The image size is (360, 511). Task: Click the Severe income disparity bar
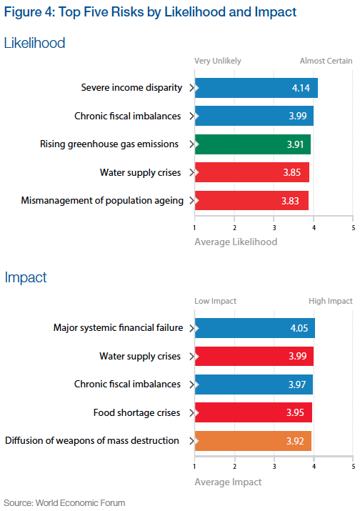[x=256, y=88]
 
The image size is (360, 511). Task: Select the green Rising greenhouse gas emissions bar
[x=252, y=144]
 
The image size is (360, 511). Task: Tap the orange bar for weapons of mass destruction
[x=253, y=441]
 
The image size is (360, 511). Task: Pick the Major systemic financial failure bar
[x=254, y=328]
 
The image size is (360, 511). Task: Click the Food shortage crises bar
[x=253, y=412]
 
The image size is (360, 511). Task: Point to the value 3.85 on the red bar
[x=293, y=172]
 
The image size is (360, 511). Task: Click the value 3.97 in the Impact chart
[x=296, y=385]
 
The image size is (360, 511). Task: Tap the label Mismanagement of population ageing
[x=102, y=199]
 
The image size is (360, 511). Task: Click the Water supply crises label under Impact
[x=139, y=356]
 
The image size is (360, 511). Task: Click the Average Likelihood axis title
[x=236, y=242]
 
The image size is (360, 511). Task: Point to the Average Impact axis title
[x=228, y=482]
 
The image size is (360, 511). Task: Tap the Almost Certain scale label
[x=326, y=61]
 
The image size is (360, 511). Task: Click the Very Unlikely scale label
[x=218, y=61]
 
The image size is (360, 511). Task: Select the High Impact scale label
[x=330, y=301]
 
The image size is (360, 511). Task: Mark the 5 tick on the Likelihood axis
[x=353, y=228]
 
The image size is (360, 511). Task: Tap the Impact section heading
[x=26, y=277]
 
